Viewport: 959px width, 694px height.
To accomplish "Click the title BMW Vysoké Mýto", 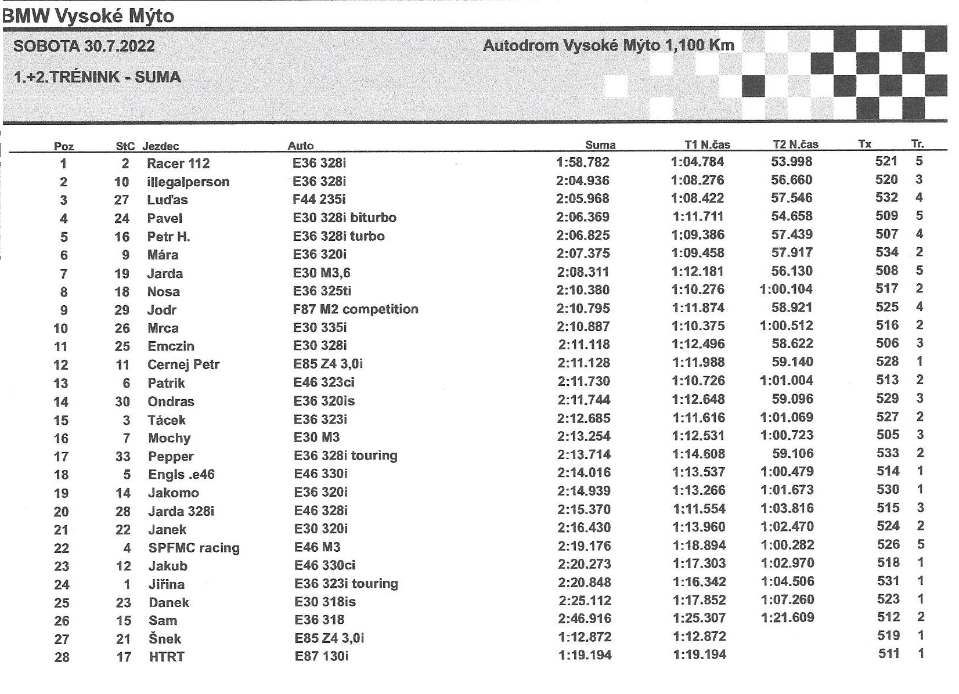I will pyautogui.click(x=88, y=16).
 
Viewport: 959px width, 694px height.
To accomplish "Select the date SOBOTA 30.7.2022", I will pyautogui.click(x=84, y=46).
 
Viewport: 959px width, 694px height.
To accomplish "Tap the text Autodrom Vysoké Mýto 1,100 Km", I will pyautogui.click(x=608, y=45).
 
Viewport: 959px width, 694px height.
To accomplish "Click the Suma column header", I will pyautogui.click(x=600, y=145).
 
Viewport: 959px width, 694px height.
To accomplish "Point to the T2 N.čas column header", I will pyautogui.click(x=795, y=144).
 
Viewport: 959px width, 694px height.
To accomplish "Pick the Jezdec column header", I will pyautogui.click(x=161, y=146).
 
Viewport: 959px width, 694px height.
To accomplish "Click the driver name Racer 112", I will pyautogui.click(x=178, y=164).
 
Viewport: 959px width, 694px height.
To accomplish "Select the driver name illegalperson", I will pyautogui.click(x=188, y=182).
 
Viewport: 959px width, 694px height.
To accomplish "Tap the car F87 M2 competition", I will pyautogui.click(x=355, y=309).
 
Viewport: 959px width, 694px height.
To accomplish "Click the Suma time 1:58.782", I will pyautogui.click(x=583, y=162).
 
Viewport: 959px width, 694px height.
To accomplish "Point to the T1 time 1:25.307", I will pyautogui.click(x=699, y=618).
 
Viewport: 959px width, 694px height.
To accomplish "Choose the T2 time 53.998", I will pyautogui.click(x=792, y=161).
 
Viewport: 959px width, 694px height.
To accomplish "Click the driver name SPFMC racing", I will pyautogui.click(x=194, y=548).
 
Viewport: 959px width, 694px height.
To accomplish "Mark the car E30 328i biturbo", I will pyautogui.click(x=345, y=218).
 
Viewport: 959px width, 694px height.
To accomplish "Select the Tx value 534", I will pyautogui.click(x=887, y=252).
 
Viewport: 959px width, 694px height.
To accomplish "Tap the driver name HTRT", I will pyautogui.click(x=167, y=657).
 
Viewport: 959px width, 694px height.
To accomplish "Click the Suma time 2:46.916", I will pyautogui.click(x=585, y=619).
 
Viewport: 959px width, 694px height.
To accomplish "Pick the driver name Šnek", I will pyautogui.click(x=165, y=639).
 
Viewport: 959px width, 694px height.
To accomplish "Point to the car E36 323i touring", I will pyautogui.click(x=346, y=583).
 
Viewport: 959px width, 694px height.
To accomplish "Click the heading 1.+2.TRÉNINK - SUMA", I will pyautogui.click(x=97, y=77).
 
